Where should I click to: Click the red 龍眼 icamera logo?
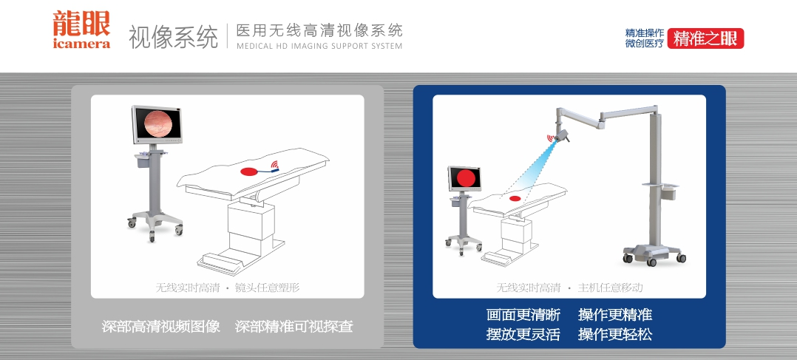(x=81, y=30)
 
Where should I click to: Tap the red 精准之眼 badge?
(x=705, y=38)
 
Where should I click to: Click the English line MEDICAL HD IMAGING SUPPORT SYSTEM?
(x=319, y=46)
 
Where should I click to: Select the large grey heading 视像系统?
(x=173, y=37)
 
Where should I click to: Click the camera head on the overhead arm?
(x=562, y=136)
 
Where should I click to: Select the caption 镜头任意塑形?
(x=267, y=288)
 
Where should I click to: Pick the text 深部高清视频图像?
(x=160, y=327)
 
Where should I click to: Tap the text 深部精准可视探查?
(x=294, y=327)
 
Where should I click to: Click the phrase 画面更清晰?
(x=523, y=315)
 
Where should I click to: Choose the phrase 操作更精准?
(x=615, y=315)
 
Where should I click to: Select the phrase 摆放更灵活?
(x=523, y=334)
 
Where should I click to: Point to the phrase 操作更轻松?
(x=615, y=334)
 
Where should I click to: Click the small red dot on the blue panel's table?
(x=515, y=198)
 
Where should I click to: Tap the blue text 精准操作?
(x=645, y=33)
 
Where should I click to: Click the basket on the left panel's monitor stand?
(x=142, y=160)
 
